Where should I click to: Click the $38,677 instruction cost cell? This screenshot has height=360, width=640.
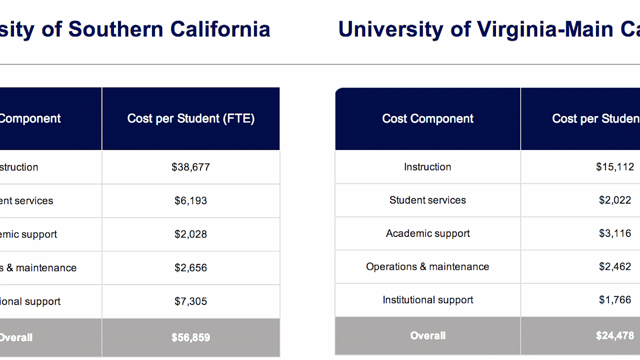[190, 167]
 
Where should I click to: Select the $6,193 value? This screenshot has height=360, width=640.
[190, 201]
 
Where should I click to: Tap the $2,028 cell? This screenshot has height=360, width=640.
[190, 234]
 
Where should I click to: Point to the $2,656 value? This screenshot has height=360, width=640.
[190, 268]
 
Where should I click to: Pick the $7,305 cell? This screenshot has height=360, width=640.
[190, 302]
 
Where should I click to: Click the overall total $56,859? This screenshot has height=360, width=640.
[190, 338]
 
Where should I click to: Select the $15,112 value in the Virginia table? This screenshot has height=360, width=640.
[615, 167]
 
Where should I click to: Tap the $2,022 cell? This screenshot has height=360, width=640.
[615, 200]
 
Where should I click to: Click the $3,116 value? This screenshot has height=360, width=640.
[615, 233]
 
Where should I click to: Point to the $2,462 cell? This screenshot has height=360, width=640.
[615, 266]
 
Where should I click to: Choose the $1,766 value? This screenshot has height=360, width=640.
[615, 300]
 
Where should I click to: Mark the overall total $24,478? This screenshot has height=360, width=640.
[615, 336]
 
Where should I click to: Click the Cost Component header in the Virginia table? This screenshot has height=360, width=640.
[428, 119]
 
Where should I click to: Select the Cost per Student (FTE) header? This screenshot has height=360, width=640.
[190, 119]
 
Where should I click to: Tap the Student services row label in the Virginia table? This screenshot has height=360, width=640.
[428, 200]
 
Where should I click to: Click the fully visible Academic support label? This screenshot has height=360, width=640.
[428, 233]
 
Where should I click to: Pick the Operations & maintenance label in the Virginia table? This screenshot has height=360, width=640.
[428, 266]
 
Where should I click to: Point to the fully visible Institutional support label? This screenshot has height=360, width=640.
[428, 300]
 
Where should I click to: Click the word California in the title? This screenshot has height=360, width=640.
[220, 30]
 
